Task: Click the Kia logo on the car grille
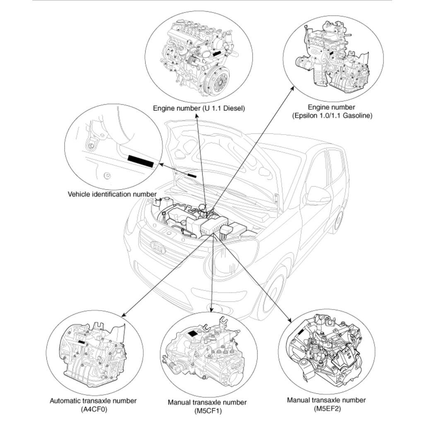click(157, 248)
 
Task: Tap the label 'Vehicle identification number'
click(112, 194)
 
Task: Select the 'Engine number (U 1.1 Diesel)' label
click(199, 108)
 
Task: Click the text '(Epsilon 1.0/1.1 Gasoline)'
click(332, 116)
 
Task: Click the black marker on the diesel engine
click(217, 53)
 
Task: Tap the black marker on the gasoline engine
click(331, 53)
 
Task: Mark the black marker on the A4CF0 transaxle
click(82, 342)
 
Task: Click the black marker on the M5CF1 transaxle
click(193, 333)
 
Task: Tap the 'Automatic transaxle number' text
click(93, 401)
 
